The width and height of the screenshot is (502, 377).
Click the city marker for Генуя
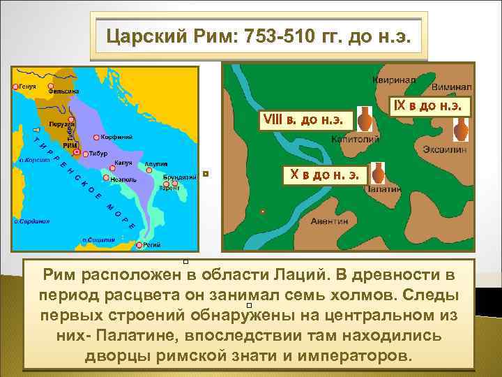pyautogui.click(x=15, y=87)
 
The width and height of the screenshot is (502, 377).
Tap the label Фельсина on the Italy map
pyautogui.click(x=63, y=91)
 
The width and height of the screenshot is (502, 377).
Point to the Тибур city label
pyautogui.click(x=97, y=154)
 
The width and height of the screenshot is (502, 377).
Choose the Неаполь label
pyautogui.click(x=121, y=179)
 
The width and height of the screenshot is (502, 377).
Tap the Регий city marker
pyautogui.click(x=140, y=245)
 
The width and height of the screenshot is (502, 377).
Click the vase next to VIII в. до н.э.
pyautogui.click(x=364, y=119)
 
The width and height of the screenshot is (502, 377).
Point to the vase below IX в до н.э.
pyautogui.click(x=460, y=129)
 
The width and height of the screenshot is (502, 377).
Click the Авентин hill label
pyautogui.click(x=328, y=221)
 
